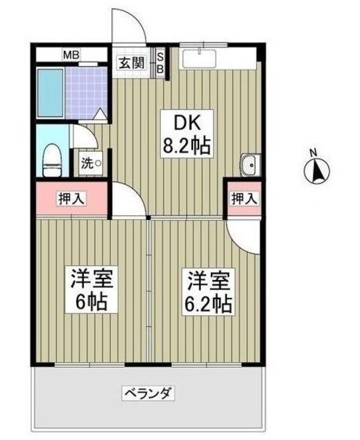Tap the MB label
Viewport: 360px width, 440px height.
(x=71, y=54)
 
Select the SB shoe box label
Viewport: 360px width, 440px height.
(x=160, y=63)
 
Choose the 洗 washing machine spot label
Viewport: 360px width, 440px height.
(x=91, y=164)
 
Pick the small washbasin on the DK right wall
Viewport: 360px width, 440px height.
(x=249, y=165)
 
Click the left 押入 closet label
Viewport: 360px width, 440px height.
(x=71, y=199)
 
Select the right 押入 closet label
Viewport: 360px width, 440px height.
(x=244, y=199)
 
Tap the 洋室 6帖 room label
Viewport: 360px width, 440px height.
(x=91, y=291)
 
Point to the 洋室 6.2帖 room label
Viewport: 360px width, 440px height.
(x=207, y=291)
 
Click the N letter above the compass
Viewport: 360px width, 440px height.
(x=313, y=153)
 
